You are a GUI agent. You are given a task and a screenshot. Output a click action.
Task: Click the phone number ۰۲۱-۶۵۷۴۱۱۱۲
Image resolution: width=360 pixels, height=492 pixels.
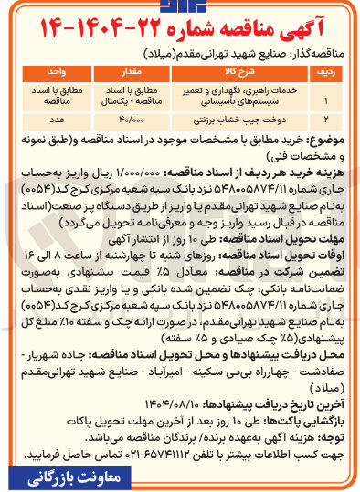[x=139, y=454]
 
